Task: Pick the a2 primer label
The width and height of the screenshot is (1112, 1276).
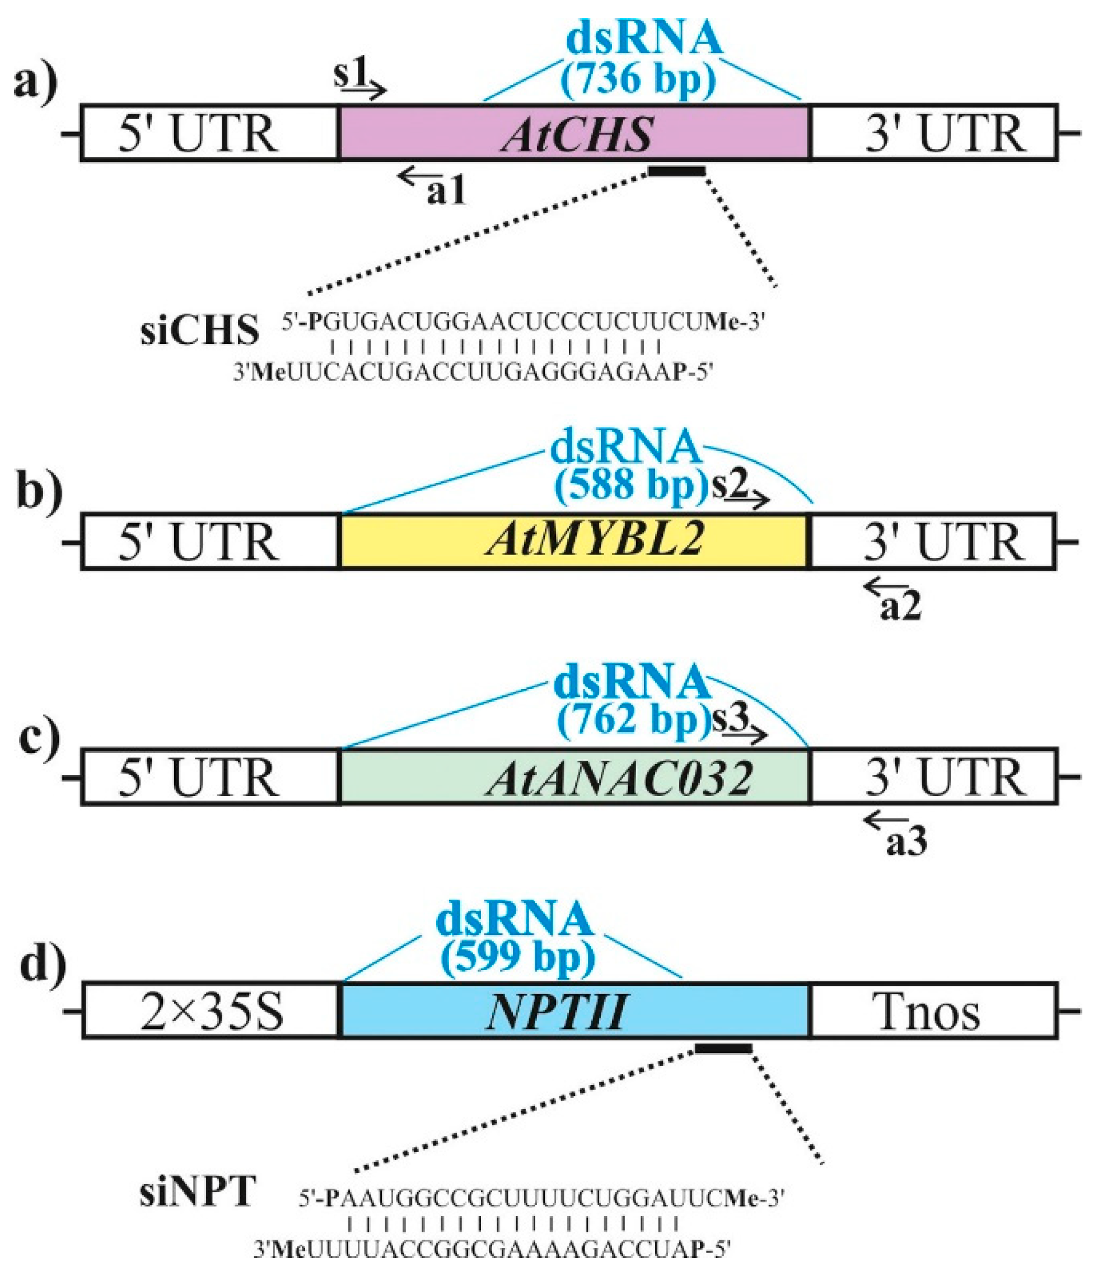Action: pos(900,608)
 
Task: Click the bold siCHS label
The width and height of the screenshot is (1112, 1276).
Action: pos(199,329)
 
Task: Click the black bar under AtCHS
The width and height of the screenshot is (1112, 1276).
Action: pos(676,171)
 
